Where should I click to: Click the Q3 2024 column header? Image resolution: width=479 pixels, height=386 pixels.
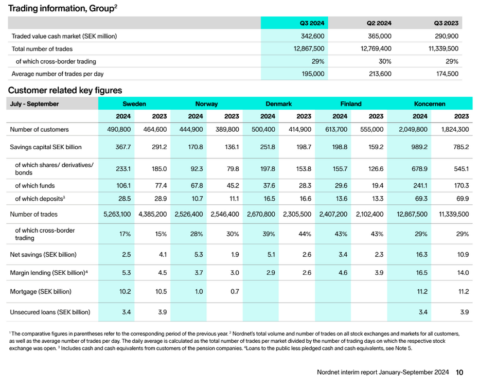312,23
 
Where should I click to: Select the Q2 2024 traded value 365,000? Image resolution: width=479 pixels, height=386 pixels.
379,36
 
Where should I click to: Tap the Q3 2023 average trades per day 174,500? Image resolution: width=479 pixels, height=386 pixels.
447,74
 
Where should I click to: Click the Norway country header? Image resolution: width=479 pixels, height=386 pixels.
206,104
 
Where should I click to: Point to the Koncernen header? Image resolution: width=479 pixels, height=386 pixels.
430,104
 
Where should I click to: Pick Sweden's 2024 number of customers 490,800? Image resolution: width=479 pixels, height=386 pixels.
119,129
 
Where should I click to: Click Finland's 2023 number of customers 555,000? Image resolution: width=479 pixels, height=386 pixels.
372,129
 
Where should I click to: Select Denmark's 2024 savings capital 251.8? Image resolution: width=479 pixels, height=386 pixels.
268,147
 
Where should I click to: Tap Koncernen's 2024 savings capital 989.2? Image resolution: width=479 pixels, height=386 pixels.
419,147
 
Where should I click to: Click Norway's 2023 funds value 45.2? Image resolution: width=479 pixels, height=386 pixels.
233,185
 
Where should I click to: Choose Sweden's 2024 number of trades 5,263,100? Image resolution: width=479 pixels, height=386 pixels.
117,214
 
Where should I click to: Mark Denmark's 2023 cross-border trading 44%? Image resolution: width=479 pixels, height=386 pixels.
305,234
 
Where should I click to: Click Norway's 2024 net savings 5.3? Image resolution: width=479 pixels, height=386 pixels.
199,255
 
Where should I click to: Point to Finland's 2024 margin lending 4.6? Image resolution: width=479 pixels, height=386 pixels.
343,273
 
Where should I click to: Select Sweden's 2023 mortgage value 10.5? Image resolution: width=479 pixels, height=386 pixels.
161,292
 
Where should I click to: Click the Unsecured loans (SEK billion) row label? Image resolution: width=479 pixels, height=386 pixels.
50,312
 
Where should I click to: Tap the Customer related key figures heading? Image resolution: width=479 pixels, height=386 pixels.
65,90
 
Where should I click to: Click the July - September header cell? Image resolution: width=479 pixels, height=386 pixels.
34,104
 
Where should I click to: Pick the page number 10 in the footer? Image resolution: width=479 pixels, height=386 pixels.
459,372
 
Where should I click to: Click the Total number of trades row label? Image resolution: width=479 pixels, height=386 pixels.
42,49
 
